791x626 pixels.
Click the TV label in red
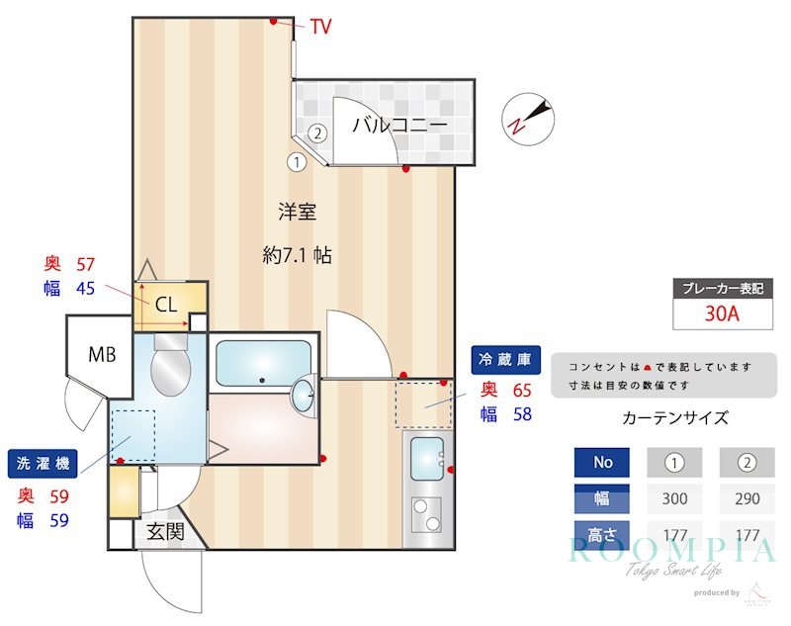(x=321, y=27)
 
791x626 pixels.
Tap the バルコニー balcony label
(x=399, y=125)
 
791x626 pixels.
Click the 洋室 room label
(x=296, y=211)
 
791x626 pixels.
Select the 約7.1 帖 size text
(x=297, y=255)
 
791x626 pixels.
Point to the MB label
(x=101, y=354)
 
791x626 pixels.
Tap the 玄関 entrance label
(x=165, y=531)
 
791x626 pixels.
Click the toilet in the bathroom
(x=170, y=367)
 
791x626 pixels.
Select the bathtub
(x=262, y=364)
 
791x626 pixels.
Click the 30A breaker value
(x=722, y=314)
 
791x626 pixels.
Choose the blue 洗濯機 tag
(x=42, y=463)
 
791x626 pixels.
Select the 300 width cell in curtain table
(x=674, y=499)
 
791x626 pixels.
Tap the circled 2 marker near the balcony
(x=317, y=133)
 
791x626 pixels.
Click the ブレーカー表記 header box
(x=722, y=289)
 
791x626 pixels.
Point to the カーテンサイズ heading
(x=675, y=417)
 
